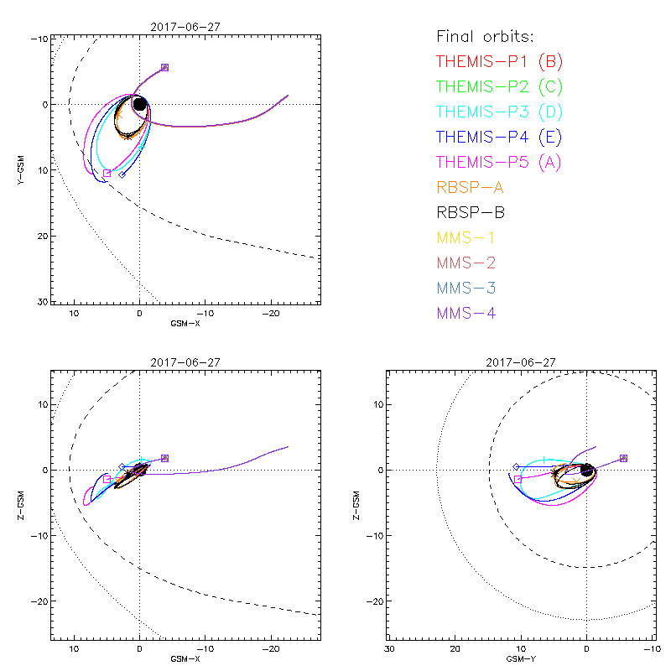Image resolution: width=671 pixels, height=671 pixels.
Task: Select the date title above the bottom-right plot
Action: click(520, 362)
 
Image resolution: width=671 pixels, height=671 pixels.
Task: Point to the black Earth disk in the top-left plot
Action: click(139, 104)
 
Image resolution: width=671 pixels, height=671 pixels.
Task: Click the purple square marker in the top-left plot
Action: click(164, 67)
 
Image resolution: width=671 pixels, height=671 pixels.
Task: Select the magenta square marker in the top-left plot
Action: click(107, 174)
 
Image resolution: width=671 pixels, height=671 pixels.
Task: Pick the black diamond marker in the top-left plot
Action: click(122, 174)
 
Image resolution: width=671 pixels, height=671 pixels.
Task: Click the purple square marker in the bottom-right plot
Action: click(623, 458)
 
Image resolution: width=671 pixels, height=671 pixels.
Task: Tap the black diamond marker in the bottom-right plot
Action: click(516, 466)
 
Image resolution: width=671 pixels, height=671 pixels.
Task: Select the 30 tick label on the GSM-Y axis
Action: click(389, 649)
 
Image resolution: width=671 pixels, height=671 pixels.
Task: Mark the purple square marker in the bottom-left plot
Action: click(164, 458)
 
